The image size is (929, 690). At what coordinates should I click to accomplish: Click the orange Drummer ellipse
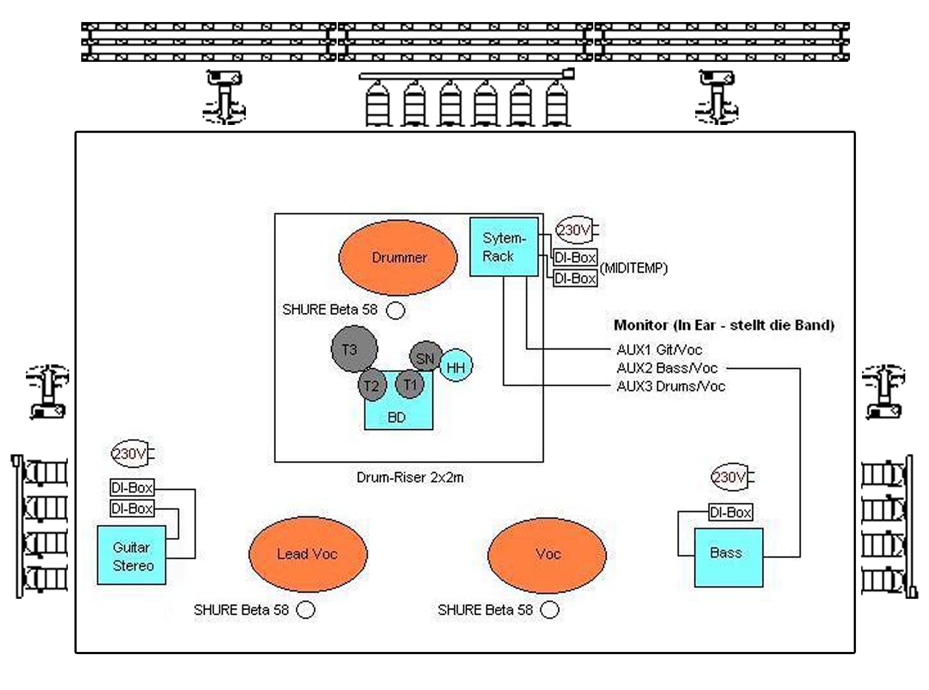pos(398,258)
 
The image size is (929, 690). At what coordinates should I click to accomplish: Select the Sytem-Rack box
pos(504,247)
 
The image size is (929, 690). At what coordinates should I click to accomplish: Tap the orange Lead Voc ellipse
pos(308,554)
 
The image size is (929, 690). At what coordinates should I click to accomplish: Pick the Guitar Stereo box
pos(131,556)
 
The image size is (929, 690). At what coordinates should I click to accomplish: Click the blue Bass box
pos(729,557)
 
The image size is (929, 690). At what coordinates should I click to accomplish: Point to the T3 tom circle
pos(354,349)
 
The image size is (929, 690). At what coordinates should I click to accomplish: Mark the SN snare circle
pos(426,357)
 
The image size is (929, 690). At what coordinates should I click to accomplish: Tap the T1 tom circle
pos(410,384)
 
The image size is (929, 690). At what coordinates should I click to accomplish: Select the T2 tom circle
pos(372,385)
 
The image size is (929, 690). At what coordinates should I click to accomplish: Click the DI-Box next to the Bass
pos(731,513)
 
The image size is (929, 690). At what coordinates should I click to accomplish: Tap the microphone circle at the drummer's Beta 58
pos(395,310)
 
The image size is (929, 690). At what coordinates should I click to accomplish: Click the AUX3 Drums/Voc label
pos(671,386)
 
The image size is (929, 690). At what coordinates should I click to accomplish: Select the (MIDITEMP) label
pos(633,268)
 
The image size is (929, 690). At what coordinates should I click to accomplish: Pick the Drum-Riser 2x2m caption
pos(410,478)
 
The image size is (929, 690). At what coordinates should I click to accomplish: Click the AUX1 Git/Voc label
pos(659,349)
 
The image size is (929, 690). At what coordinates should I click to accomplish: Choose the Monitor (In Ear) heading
pos(724,325)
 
